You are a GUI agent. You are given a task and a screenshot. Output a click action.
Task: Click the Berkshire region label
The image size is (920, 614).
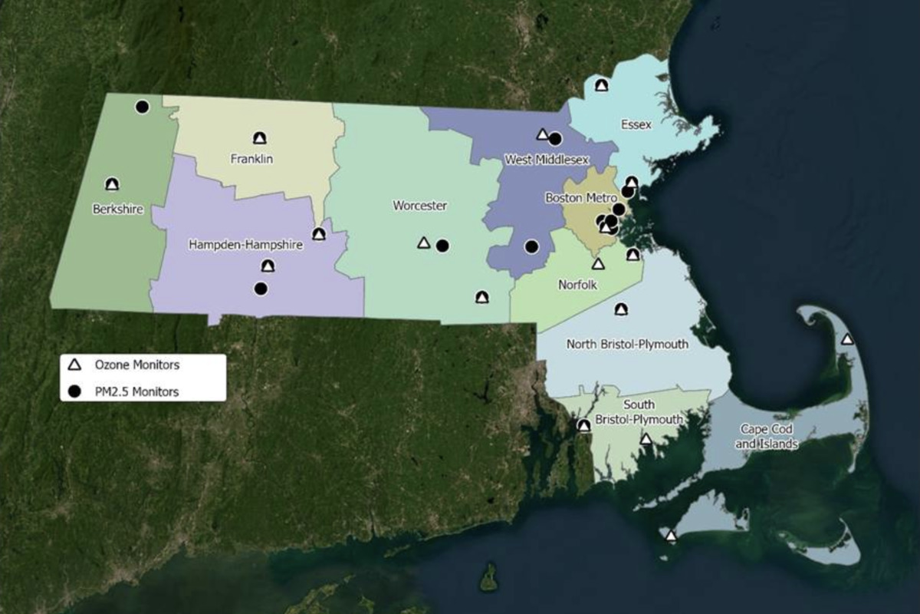click(118, 209)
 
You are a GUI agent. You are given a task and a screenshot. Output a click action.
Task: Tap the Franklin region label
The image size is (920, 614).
click(251, 160)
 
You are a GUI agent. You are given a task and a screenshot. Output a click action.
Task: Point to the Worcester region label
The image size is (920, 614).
click(419, 206)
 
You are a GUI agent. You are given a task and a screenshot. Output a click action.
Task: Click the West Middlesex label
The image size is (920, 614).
click(547, 160)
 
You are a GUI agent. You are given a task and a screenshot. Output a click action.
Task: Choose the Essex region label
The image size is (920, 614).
click(636, 124)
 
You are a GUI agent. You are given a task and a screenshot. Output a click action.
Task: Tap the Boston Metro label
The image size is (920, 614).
click(580, 198)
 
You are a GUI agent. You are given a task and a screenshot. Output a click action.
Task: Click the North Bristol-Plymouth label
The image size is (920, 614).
click(627, 345)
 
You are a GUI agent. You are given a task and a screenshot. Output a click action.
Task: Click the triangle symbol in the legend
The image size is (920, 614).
click(75, 365)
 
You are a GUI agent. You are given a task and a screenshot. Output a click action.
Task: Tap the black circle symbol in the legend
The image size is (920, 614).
click(75, 391)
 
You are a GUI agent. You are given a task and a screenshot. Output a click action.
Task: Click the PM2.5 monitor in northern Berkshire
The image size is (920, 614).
click(142, 107)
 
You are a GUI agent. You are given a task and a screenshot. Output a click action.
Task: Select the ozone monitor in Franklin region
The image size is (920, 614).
click(260, 138)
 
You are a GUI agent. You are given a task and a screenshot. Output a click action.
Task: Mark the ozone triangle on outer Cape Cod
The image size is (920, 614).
click(847, 339)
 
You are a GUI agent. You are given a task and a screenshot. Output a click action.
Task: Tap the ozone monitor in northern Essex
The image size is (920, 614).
click(602, 85)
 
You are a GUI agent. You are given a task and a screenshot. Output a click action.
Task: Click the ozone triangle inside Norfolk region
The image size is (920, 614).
click(599, 264)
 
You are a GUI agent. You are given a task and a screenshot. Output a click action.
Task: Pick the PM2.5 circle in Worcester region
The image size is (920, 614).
click(442, 246)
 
